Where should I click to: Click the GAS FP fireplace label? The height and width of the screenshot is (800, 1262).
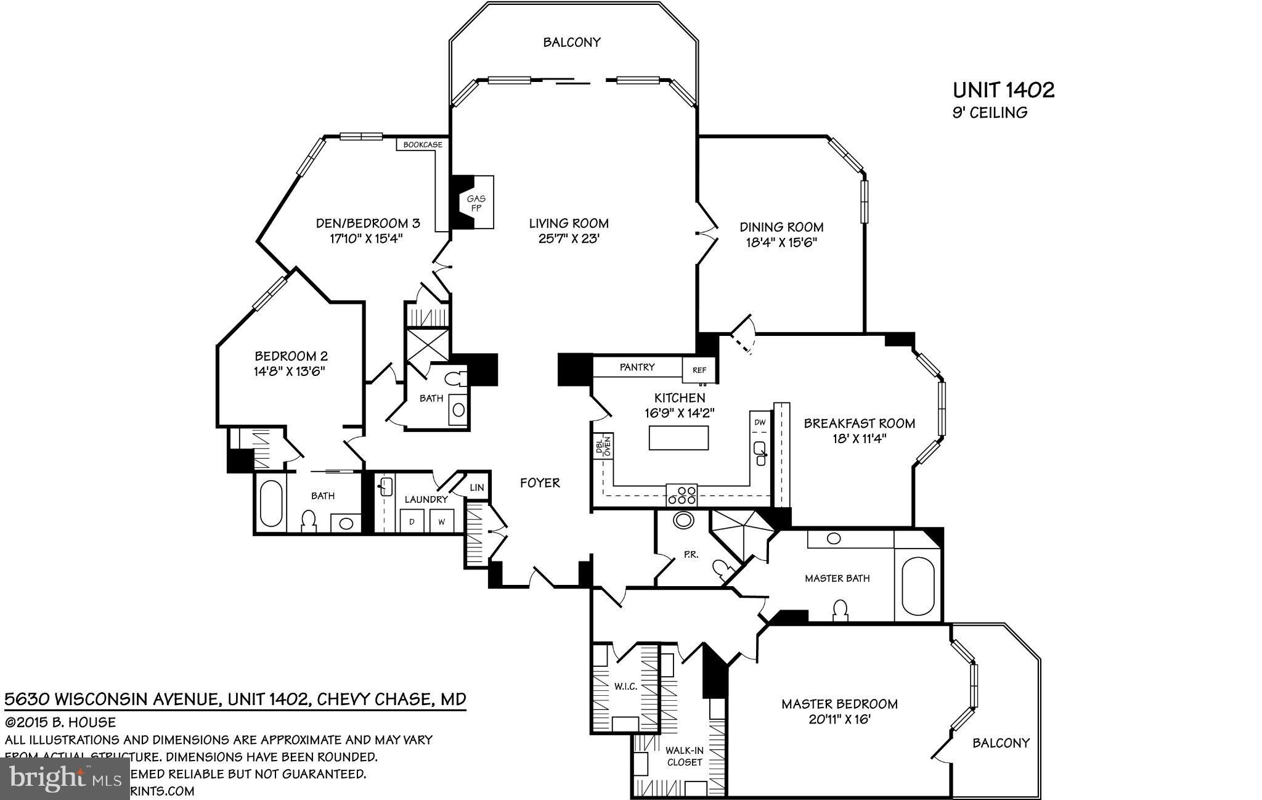pos(476,203)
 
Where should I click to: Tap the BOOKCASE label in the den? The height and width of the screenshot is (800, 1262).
pos(423,145)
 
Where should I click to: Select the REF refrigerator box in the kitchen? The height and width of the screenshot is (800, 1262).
pos(699,370)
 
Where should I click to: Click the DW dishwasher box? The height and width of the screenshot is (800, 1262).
pos(760,422)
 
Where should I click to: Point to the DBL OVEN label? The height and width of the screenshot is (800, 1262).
pos(602,446)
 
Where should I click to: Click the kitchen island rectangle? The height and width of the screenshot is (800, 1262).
pos(678,438)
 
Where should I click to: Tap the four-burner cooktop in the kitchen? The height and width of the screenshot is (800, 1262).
pos(682,496)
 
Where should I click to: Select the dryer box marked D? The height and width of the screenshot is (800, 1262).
pos(412,521)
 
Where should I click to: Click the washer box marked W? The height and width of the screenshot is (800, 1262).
pos(442,521)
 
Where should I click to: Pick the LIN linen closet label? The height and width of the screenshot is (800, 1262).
pos(477,488)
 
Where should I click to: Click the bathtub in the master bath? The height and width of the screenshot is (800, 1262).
pos(918,585)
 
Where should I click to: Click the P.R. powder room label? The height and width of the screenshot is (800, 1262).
pos(691,555)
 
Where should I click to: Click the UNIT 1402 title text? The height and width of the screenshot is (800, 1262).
pos(1003,91)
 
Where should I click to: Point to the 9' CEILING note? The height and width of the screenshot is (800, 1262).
pos(990,113)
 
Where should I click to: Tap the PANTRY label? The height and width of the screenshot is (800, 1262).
pos(637,367)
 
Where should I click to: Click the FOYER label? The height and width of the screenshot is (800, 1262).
pos(540,483)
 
